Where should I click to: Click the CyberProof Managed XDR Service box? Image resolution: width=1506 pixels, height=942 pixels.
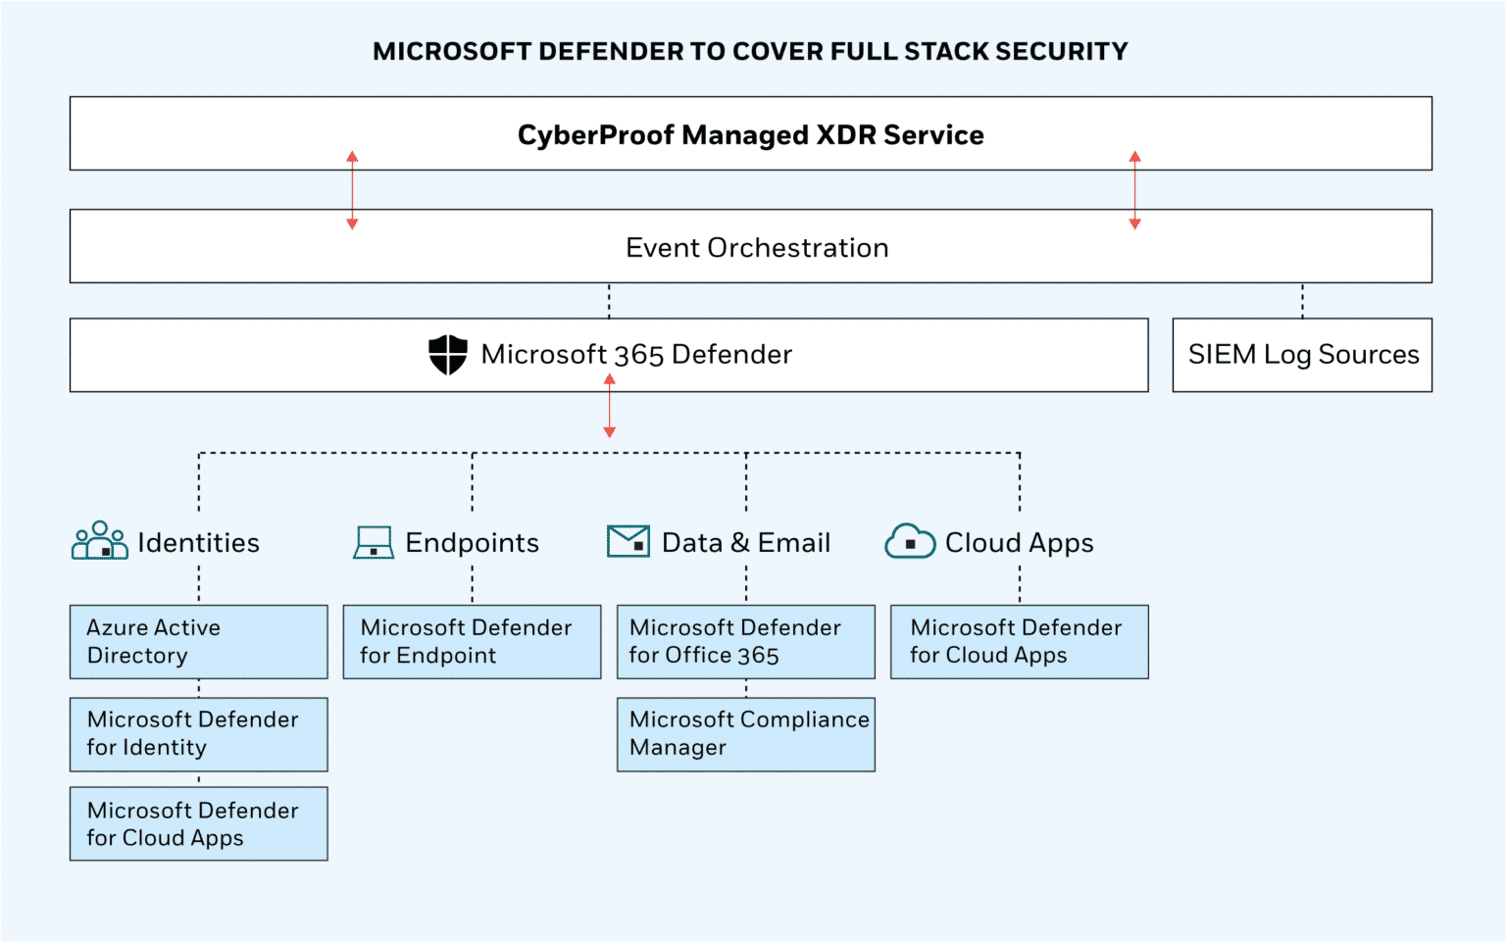[750, 134]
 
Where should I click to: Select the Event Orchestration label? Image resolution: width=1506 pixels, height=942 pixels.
[756, 248]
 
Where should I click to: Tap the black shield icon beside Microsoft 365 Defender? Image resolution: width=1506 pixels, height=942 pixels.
[448, 355]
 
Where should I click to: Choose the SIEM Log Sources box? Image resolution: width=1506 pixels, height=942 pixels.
[1302, 355]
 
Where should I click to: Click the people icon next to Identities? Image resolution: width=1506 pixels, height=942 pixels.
[100, 541]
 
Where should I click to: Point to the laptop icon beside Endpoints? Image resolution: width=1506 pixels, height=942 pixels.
[374, 542]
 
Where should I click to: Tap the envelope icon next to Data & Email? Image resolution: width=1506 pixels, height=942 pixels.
[628, 541]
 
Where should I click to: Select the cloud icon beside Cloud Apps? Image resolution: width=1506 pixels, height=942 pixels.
[910, 541]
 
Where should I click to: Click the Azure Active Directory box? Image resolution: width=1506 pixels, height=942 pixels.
[199, 642]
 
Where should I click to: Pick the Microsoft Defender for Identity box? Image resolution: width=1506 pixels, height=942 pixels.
[199, 734]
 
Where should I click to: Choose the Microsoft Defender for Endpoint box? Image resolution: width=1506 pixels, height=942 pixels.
[472, 642]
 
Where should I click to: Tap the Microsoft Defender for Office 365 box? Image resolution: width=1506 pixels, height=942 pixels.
[745, 642]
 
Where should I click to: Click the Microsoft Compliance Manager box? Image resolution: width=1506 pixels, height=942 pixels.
[745, 734]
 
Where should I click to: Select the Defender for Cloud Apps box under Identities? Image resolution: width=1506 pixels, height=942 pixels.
[199, 824]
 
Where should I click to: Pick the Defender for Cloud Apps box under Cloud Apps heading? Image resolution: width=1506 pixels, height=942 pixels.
[1019, 642]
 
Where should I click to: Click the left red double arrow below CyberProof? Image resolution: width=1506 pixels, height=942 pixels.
[352, 190]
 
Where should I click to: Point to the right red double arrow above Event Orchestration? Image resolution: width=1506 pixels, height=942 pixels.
[1134, 190]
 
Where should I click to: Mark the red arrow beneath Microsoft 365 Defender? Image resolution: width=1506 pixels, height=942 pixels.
[609, 406]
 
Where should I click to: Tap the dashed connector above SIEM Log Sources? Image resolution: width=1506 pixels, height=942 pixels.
[1302, 301]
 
